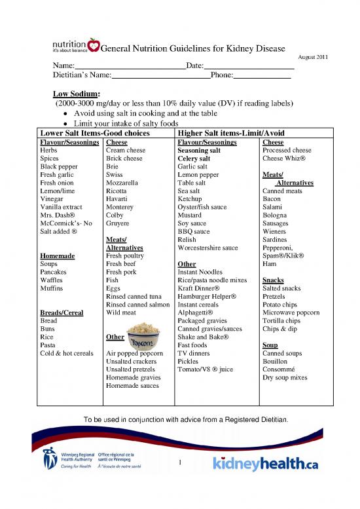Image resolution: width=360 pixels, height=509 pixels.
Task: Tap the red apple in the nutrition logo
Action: (95, 47)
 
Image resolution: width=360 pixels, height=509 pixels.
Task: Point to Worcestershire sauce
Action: (204, 248)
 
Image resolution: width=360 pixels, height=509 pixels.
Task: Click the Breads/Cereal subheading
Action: (62, 312)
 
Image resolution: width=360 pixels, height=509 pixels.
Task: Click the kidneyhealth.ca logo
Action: (266, 464)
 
